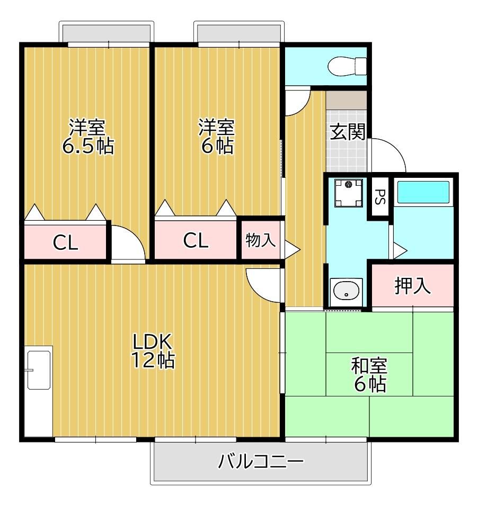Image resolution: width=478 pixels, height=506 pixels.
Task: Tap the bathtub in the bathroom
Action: pos(423,192)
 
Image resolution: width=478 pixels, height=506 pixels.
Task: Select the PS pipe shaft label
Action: pos(380,196)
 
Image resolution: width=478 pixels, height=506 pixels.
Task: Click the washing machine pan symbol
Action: pos(348,193)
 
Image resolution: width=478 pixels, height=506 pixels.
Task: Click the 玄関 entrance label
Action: pos(348,132)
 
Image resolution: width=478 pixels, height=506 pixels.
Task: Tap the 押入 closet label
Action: pos(412,285)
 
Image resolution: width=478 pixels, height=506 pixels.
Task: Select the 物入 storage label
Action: pos(261,240)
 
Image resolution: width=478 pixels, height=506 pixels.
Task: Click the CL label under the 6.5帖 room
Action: pos(66,242)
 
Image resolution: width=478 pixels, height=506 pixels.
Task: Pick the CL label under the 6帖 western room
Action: pos(196,240)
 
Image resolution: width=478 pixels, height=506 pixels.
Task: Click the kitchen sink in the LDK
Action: pos(39,370)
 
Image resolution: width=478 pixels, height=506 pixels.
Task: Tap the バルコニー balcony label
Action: pos(261,461)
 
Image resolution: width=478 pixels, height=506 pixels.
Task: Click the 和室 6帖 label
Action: pos(369,374)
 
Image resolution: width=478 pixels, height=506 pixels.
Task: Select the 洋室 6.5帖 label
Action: pos(87,137)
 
